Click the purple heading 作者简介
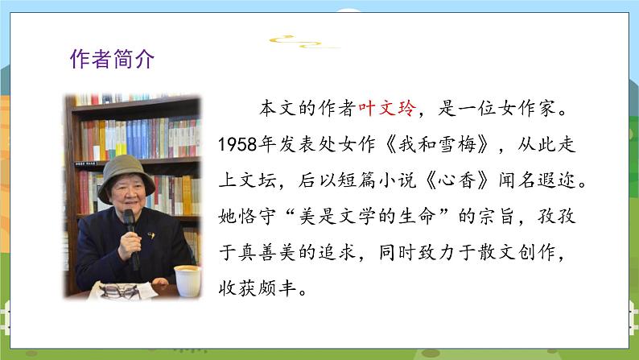coord(112,59)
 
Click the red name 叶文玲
coord(388,109)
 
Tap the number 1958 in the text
coord(238,144)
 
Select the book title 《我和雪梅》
coord(437,144)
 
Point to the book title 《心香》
coord(457,180)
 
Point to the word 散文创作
coord(517,252)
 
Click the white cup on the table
coord(188,280)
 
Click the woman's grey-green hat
coord(126,177)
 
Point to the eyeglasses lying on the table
coord(120,291)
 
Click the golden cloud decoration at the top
coord(303,42)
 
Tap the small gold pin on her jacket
coord(151,235)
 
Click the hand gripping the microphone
coord(130,246)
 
